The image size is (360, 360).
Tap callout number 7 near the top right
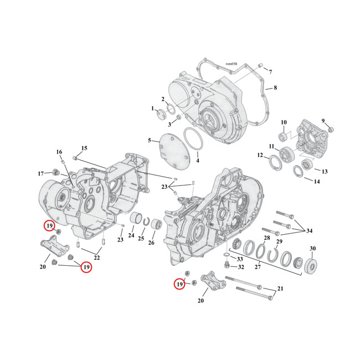[x=270, y=73]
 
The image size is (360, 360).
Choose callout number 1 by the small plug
[x=152, y=109]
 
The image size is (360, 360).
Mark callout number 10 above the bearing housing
[x=283, y=122]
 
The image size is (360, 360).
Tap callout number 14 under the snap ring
[x=317, y=182]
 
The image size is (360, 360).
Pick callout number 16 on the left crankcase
[x=59, y=152]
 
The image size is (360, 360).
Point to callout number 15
[x=84, y=148]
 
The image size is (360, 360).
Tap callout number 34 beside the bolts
[x=310, y=230]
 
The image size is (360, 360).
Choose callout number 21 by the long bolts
[x=280, y=289]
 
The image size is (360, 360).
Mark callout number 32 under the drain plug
[x=241, y=267]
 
